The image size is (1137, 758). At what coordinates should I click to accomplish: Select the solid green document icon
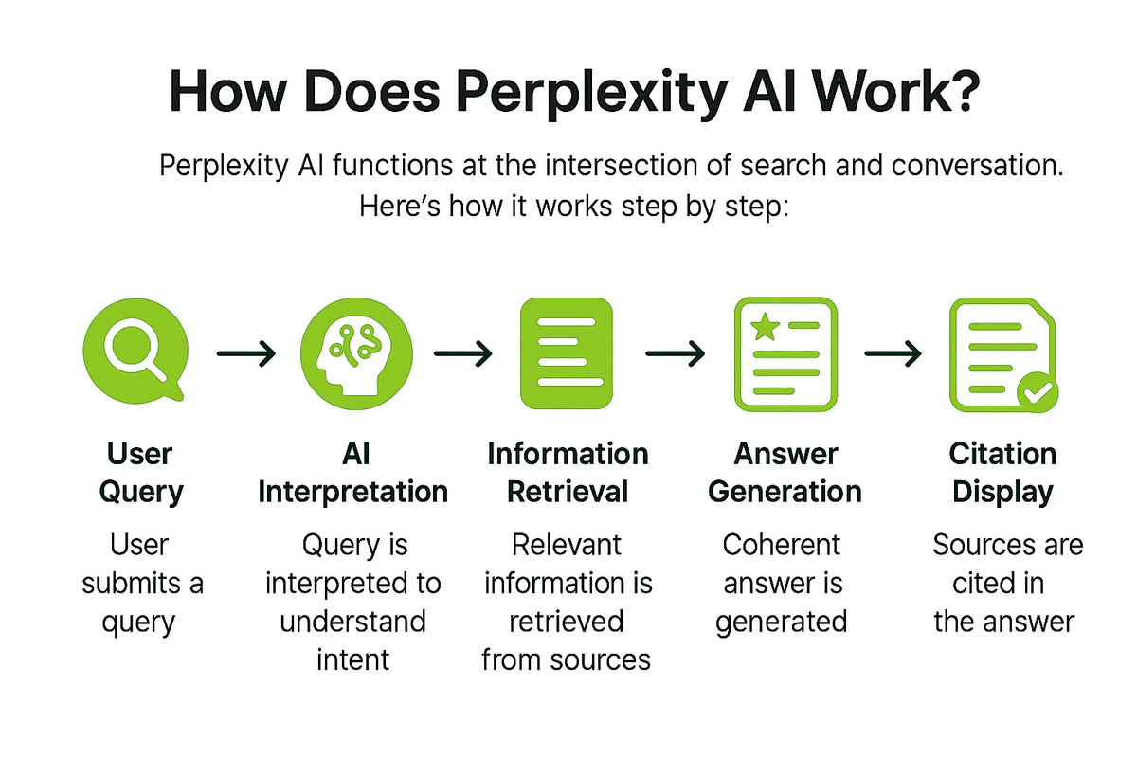(x=568, y=353)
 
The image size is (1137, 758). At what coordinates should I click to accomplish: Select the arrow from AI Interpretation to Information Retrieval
(x=462, y=354)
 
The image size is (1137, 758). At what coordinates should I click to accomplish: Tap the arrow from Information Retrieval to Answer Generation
(x=675, y=354)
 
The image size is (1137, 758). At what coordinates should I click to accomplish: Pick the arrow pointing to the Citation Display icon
(x=893, y=354)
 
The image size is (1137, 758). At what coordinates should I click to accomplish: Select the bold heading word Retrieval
(x=568, y=492)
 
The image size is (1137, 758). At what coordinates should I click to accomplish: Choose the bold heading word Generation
(x=785, y=492)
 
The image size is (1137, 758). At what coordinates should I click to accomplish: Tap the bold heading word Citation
(x=1002, y=454)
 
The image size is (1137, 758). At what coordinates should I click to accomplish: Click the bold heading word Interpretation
(x=353, y=492)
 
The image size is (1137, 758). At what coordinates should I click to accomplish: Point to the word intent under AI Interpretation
(x=353, y=659)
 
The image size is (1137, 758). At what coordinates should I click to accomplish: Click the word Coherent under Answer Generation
(x=781, y=546)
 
